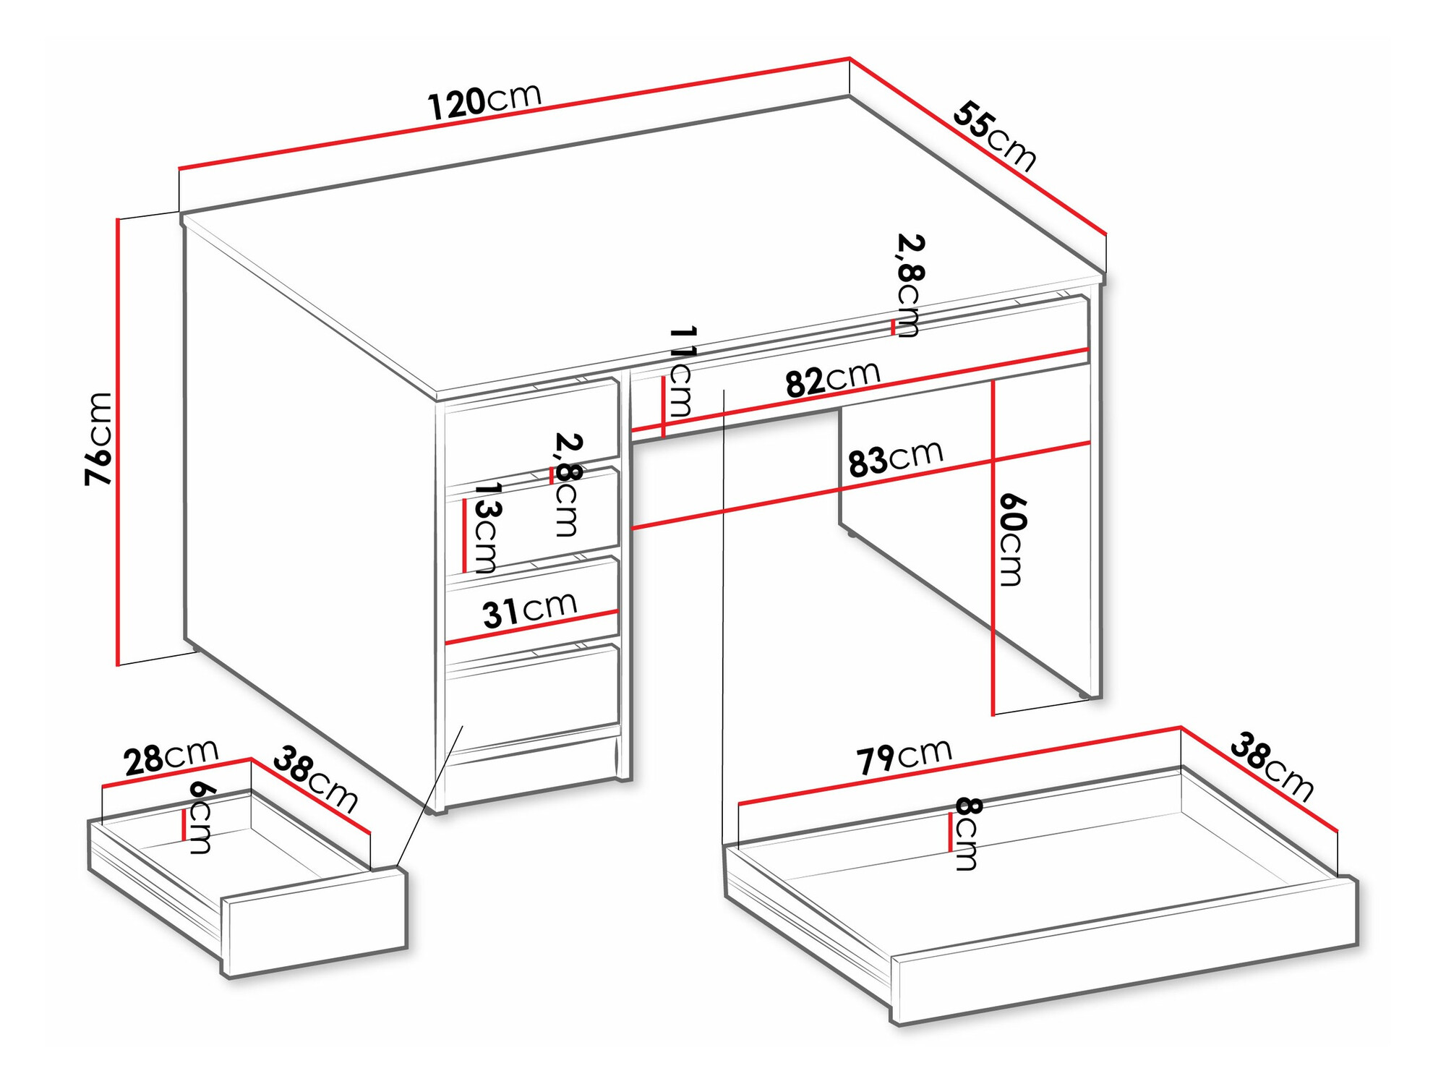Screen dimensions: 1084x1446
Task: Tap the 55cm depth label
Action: click(995, 137)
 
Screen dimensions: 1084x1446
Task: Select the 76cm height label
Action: click(99, 438)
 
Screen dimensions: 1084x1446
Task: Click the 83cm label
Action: click(895, 458)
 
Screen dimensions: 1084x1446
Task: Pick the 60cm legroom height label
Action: click(1011, 539)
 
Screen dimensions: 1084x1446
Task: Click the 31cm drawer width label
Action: click(529, 610)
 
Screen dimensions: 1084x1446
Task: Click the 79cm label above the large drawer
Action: click(904, 757)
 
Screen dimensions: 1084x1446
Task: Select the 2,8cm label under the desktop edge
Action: click(910, 285)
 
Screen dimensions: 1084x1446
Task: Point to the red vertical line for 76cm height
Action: click(117, 441)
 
